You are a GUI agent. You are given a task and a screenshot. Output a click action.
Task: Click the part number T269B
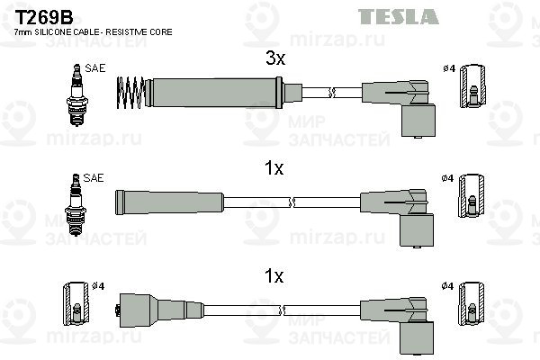coord(44,17)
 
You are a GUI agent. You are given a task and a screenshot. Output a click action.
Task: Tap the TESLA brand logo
coord(399,16)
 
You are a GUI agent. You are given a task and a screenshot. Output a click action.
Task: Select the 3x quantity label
coord(275,58)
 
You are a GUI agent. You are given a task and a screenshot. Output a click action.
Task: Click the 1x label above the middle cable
coord(274,168)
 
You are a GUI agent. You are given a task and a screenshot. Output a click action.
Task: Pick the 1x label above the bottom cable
coord(274,276)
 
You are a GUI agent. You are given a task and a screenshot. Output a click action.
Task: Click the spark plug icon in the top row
coord(77,94)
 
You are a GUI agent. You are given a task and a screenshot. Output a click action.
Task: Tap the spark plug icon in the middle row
coord(76,204)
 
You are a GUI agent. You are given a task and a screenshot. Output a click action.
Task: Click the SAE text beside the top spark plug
coord(95,68)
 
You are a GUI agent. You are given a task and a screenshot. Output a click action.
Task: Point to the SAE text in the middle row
coord(94,178)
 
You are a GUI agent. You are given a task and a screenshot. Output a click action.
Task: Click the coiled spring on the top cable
coord(130,93)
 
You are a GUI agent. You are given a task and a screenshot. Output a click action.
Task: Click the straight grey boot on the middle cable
coord(169,202)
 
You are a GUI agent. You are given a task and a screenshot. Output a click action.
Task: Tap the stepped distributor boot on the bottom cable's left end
coord(158,310)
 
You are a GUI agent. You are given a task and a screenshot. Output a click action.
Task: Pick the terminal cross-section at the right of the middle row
coord(472,196)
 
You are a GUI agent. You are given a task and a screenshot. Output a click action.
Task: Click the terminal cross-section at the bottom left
coord(76,304)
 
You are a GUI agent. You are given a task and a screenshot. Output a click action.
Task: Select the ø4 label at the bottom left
coord(98,286)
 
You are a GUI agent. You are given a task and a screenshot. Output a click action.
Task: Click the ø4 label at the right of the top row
coord(449,68)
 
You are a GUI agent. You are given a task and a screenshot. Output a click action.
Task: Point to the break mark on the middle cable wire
coord(292,202)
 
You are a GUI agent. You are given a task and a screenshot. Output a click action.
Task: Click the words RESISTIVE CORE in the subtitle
coord(139,32)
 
